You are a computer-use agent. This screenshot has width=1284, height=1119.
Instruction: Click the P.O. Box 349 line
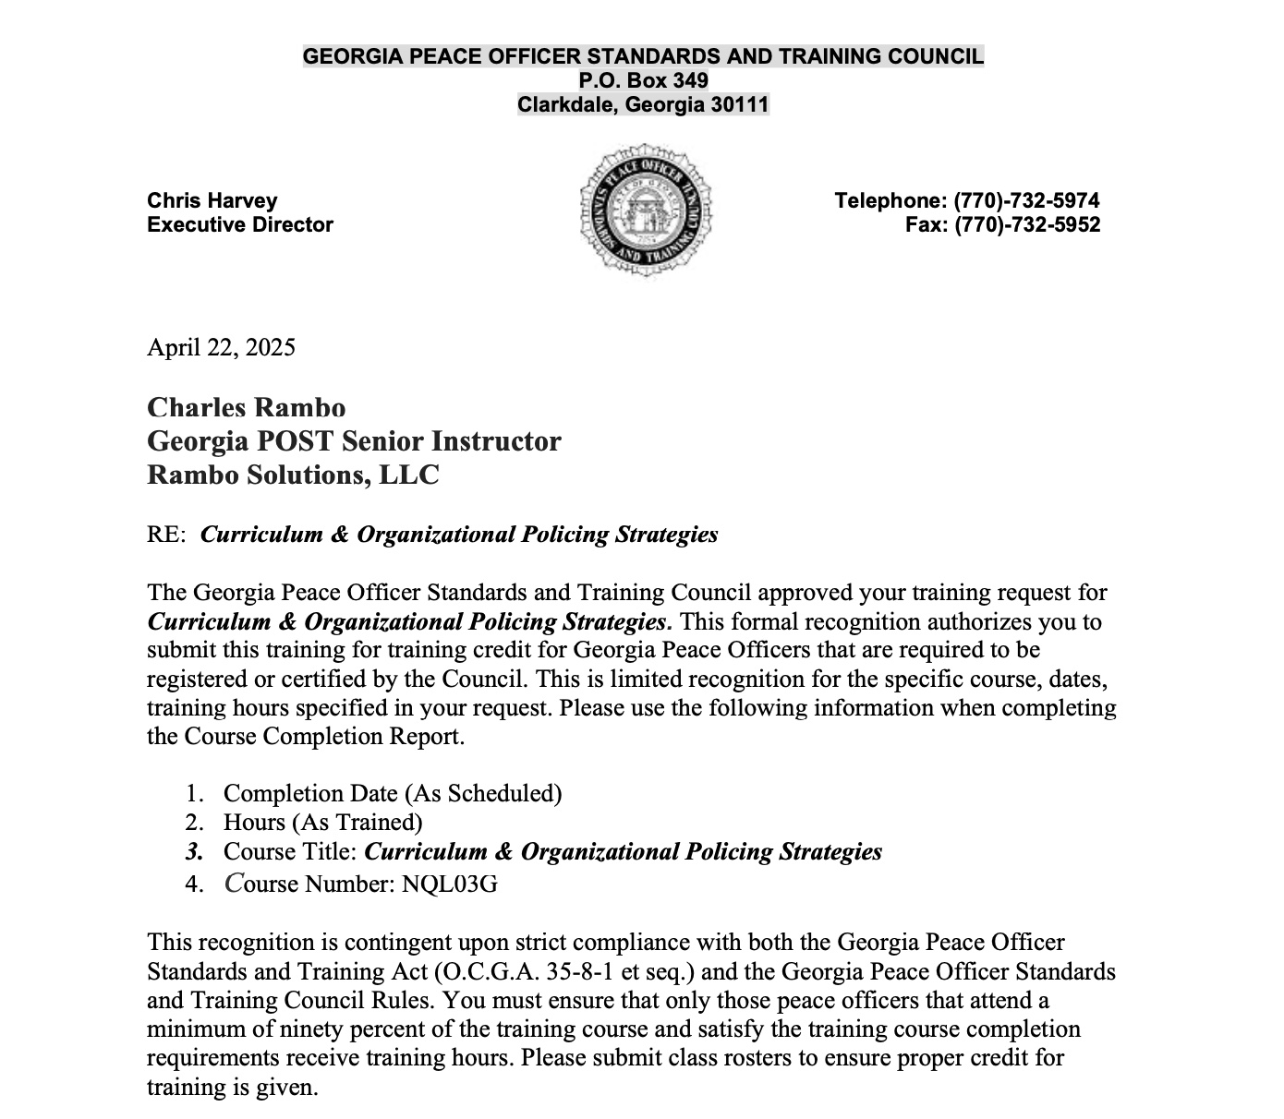click(643, 80)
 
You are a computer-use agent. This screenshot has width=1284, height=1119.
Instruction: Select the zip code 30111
click(739, 104)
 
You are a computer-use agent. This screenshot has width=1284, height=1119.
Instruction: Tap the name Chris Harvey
click(212, 200)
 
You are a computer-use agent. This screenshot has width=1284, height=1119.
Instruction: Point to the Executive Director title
click(240, 224)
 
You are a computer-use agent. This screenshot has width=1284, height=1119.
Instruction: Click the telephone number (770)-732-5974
click(1026, 200)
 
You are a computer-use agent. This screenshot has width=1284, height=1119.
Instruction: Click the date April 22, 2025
click(221, 347)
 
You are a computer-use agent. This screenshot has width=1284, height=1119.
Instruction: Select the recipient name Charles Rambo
click(247, 407)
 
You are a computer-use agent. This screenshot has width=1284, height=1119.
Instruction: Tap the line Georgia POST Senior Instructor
click(354, 441)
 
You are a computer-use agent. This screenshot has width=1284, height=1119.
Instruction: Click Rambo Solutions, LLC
click(293, 475)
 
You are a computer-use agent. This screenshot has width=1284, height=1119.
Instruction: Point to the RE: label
click(166, 535)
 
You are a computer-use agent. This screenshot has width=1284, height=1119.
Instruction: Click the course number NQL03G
click(450, 884)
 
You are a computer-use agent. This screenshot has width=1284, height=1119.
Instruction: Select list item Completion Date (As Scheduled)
click(393, 793)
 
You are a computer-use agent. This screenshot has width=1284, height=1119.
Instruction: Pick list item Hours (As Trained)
click(322, 822)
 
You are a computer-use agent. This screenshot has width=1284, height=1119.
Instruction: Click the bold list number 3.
click(193, 851)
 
